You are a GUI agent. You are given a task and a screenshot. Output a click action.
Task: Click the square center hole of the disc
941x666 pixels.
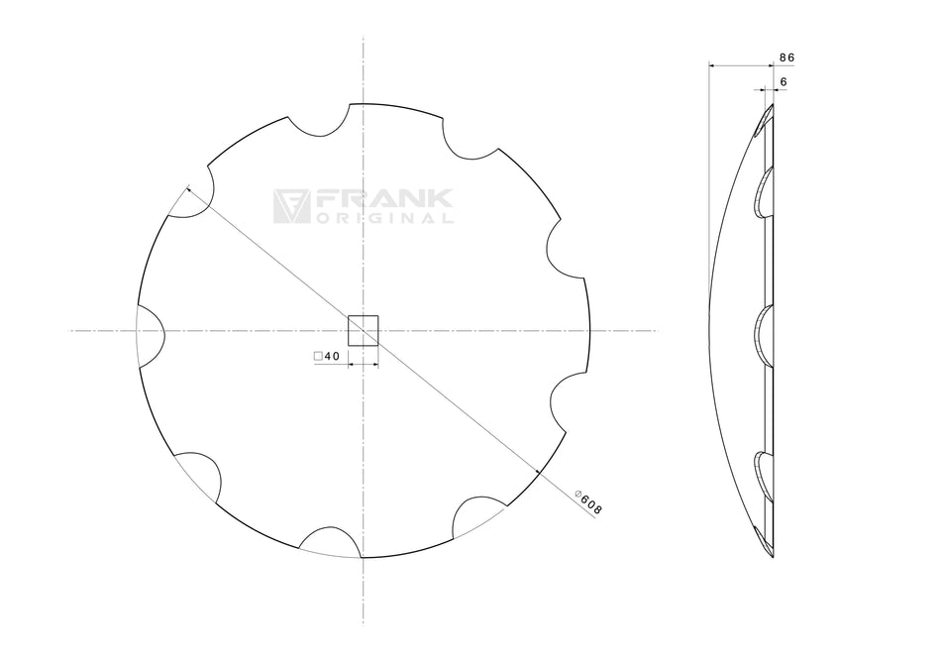(364, 330)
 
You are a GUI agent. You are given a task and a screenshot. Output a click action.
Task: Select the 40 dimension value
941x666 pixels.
(331, 356)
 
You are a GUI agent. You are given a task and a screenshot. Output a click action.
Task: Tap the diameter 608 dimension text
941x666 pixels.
(589, 501)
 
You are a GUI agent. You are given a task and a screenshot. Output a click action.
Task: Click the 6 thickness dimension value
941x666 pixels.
(783, 81)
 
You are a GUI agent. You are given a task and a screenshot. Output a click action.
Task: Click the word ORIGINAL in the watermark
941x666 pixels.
(384, 218)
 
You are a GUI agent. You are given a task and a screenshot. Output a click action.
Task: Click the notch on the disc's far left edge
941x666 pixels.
(149, 330)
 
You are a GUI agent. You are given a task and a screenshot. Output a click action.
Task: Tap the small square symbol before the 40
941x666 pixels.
(317, 356)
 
